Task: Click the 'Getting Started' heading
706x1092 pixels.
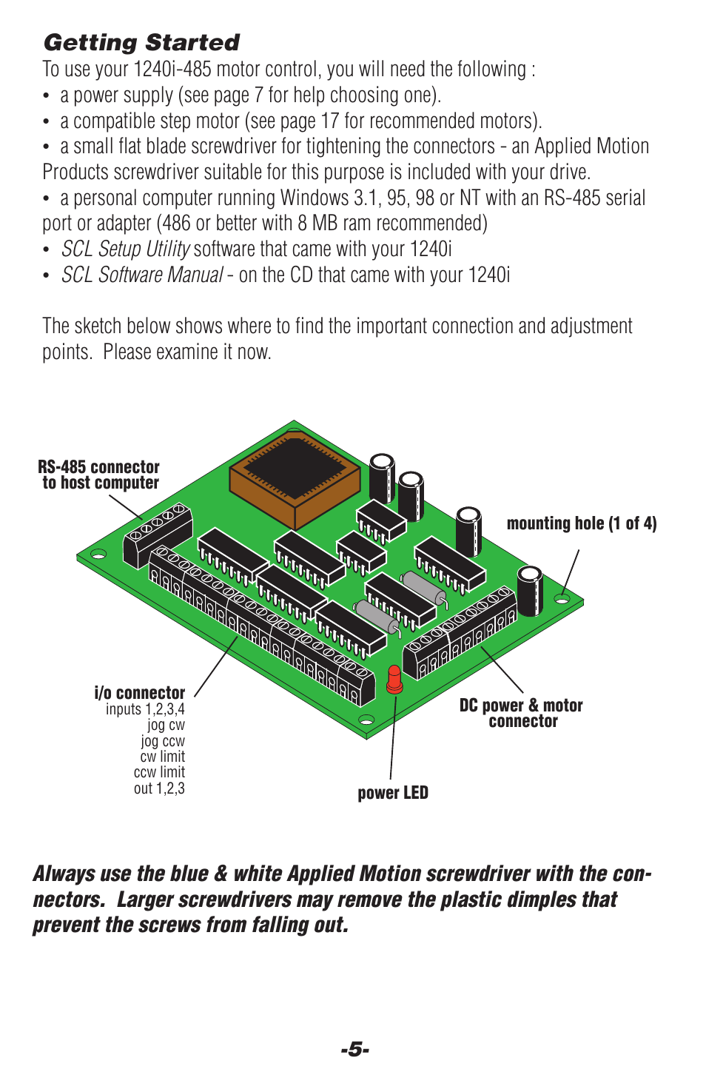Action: [141, 42]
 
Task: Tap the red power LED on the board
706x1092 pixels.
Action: [394, 678]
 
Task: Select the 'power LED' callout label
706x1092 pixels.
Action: [392, 793]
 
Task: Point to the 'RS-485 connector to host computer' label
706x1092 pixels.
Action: [99, 475]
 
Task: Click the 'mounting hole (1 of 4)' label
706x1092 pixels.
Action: [581, 523]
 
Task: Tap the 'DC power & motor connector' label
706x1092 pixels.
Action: [521, 713]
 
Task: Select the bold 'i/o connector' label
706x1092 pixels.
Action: [140, 692]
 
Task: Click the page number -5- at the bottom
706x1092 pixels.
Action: [354, 1049]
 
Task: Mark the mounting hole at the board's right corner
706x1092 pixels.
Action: [562, 598]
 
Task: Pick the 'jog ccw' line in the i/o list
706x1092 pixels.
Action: [163, 740]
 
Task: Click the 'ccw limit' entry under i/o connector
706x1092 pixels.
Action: [159, 772]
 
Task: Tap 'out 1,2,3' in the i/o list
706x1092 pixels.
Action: [159, 788]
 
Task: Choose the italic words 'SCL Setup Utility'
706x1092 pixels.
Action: [126, 249]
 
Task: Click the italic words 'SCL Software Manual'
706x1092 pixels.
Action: [142, 275]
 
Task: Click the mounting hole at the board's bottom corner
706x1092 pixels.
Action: [366, 718]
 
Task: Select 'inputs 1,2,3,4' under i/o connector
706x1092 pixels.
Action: [145, 709]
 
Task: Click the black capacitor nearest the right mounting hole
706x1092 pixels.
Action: [529, 590]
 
